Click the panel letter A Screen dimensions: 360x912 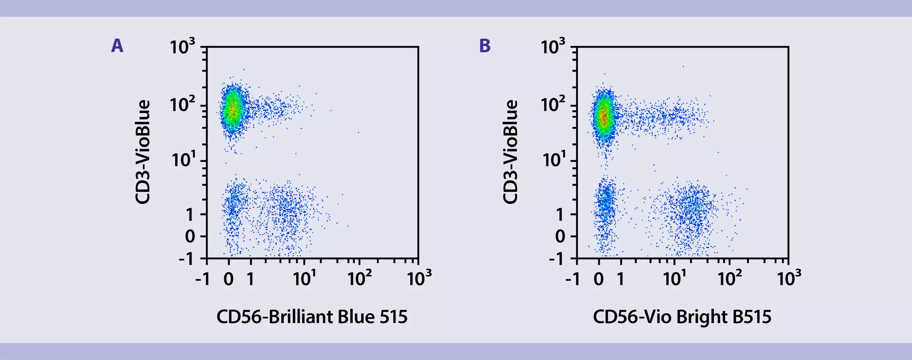pyautogui.click(x=117, y=45)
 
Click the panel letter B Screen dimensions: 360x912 pyautogui.click(x=485, y=45)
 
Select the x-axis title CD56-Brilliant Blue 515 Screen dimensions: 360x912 pyautogui.click(x=312, y=317)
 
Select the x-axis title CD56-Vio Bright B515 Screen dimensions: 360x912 pyautogui.click(x=682, y=317)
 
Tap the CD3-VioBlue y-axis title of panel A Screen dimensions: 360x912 pyautogui.click(x=143, y=152)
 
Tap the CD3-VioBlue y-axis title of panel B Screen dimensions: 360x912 pyautogui.click(x=511, y=152)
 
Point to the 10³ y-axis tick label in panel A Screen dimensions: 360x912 pyautogui.click(x=182, y=46)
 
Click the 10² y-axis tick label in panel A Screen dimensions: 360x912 pyautogui.click(x=182, y=106)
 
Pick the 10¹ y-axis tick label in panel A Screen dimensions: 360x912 pyautogui.click(x=182, y=160)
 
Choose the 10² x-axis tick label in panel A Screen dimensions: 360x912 pyautogui.click(x=359, y=279)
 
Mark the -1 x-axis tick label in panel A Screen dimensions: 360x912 pyautogui.click(x=202, y=279)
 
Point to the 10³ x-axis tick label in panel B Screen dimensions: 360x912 pyautogui.click(x=789, y=279)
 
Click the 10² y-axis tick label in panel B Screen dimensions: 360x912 pyautogui.click(x=553, y=106)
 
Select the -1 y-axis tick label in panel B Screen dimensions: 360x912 pyautogui.click(x=556, y=259)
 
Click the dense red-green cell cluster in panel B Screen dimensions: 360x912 pyautogui.click(x=603, y=117)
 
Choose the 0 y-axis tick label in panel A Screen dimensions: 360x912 pyautogui.click(x=190, y=236)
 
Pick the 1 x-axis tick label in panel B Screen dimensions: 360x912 pyautogui.click(x=620, y=279)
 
